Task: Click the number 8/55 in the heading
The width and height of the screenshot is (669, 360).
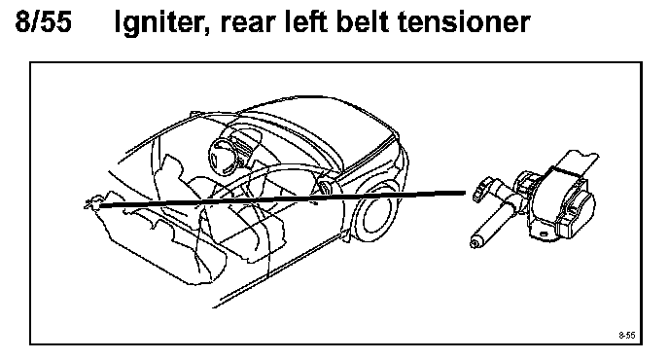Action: pyautogui.click(x=43, y=21)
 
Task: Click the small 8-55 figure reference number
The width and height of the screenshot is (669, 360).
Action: pyautogui.click(x=627, y=335)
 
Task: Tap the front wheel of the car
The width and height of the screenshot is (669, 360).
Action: pyautogui.click(x=375, y=212)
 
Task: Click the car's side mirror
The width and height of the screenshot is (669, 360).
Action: pyautogui.click(x=326, y=187)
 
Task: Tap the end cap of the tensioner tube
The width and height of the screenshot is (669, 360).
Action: pyautogui.click(x=475, y=243)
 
